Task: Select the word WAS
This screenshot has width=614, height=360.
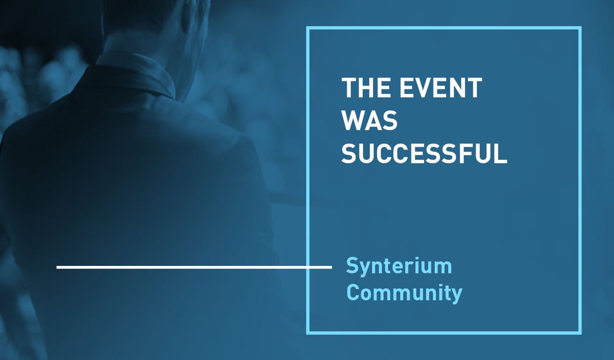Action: click(369, 121)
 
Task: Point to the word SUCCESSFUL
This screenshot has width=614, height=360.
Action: click(424, 154)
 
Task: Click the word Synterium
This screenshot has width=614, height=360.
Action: click(399, 266)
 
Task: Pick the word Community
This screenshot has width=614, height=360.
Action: click(404, 294)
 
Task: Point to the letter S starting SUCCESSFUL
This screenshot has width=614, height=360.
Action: click(349, 154)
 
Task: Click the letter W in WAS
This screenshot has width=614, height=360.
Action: click(354, 121)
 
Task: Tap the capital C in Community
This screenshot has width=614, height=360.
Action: click(353, 294)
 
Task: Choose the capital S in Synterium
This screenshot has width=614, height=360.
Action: click(352, 266)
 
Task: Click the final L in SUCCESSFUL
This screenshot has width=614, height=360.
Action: click(501, 154)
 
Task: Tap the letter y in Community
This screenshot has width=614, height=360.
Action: click(457, 296)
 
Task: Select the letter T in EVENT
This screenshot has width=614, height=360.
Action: click(474, 88)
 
